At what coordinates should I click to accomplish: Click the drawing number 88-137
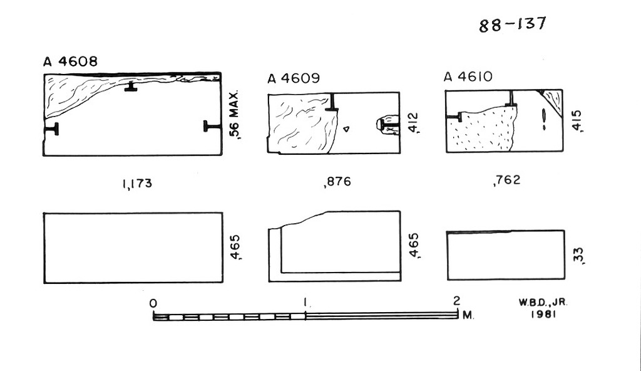coord(512,24)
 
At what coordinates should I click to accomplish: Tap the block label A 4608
coord(70,61)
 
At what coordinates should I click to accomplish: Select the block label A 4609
coord(294,78)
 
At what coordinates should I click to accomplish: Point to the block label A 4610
coord(468,76)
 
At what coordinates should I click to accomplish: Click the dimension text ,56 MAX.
coord(234,115)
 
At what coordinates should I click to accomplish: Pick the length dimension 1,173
coord(137,184)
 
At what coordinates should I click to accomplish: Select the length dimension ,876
coord(337,181)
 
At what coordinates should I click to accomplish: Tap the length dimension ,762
coord(507,180)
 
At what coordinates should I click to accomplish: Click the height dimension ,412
coord(413,123)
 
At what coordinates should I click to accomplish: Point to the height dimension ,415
coord(577,121)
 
